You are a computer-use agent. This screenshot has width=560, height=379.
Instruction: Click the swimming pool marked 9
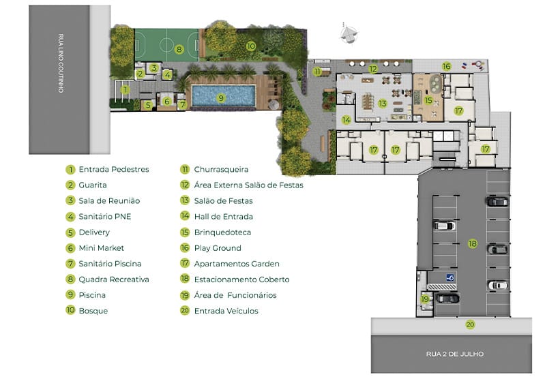(224, 95)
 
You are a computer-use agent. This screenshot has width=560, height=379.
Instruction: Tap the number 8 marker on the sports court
(179, 49)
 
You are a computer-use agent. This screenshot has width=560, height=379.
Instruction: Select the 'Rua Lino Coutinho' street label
(61, 63)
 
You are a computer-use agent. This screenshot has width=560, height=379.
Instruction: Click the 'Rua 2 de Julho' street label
(455, 354)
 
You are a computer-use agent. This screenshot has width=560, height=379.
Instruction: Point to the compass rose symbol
(347, 35)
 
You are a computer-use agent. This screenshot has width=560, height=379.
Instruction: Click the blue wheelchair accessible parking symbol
(450, 277)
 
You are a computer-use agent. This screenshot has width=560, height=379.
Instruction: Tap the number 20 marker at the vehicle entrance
(470, 324)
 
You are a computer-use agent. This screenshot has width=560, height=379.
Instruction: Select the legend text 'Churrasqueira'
(221, 170)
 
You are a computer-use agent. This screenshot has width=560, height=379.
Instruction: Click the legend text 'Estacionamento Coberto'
(241, 279)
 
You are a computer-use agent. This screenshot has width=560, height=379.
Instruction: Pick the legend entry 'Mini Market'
(102, 248)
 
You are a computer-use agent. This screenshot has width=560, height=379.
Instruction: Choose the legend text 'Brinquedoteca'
(222, 232)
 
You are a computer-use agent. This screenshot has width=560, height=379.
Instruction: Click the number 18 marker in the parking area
(473, 243)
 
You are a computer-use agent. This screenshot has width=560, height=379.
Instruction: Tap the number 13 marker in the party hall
(383, 104)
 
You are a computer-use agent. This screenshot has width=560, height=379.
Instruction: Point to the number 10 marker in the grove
(251, 46)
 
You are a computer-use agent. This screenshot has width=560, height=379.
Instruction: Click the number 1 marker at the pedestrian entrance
(125, 89)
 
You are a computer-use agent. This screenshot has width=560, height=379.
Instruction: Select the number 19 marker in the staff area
(425, 299)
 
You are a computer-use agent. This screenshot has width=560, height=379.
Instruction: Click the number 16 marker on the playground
(446, 66)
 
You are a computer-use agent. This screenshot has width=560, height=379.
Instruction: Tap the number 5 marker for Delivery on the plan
(148, 105)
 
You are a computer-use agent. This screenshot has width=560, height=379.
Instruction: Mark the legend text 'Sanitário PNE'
(105, 217)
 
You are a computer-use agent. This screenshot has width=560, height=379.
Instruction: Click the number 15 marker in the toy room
(428, 101)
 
